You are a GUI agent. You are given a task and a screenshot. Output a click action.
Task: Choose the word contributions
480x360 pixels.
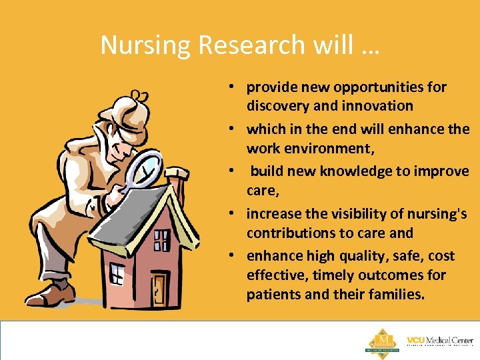(x=292, y=233)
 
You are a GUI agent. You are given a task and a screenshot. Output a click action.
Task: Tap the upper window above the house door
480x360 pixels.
(x=161, y=241)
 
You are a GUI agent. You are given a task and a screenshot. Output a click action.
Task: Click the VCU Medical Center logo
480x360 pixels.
(x=440, y=341)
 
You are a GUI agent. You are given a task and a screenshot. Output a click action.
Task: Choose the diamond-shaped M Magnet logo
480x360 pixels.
(x=382, y=340)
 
